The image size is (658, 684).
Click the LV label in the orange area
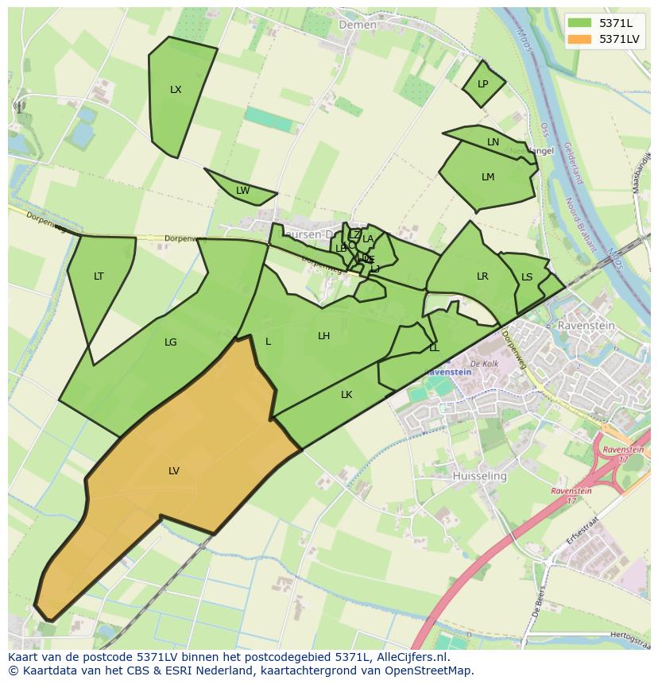pyautogui.click(x=174, y=471)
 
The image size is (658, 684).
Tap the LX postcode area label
pyautogui.click(x=176, y=90)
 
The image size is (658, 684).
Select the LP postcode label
pyautogui.click(x=482, y=84)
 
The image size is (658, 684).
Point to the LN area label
pyautogui.click(x=493, y=142)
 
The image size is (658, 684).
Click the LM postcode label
pyautogui.click(x=488, y=177)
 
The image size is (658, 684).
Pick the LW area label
pyautogui.click(x=242, y=191)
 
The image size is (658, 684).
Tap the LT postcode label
pyautogui.click(x=99, y=276)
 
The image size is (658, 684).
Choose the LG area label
pyautogui.click(x=170, y=342)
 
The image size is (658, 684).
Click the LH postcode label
pyautogui.click(x=323, y=336)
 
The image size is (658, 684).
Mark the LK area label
pyautogui.click(x=346, y=395)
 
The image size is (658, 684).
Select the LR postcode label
pyautogui.click(x=482, y=276)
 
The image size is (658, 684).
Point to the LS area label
pyautogui.click(x=527, y=277)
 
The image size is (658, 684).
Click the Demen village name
pyautogui.click(x=358, y=25)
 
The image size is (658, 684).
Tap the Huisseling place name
pyautogui.click(x=479, y=476)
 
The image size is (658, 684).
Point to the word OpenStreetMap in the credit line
pyautogui.click(x=428, y=670)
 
